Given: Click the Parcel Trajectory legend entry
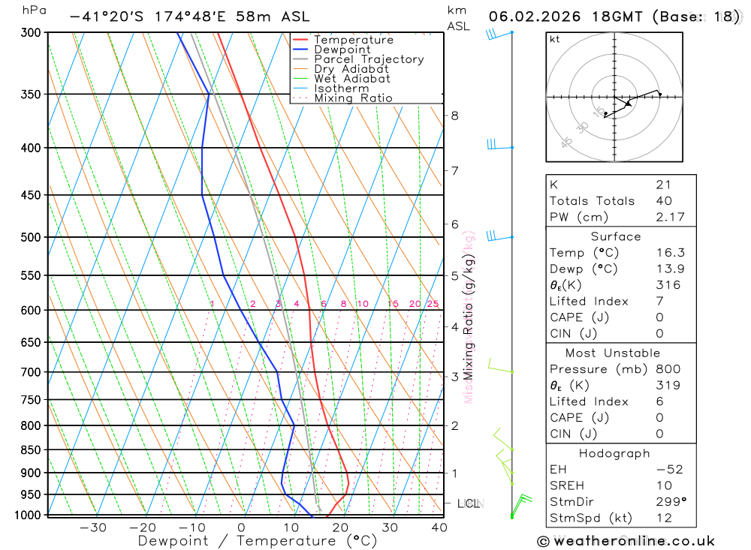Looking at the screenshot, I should (x=369, y=59).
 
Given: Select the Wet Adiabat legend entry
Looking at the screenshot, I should (x=351, y=79).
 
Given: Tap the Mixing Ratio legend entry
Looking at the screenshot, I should (x=353, y=98).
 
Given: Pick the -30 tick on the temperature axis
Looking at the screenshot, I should (x=93, y=527).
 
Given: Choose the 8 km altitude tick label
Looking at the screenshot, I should (x=454, y=116).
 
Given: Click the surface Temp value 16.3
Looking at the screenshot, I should (x=669, y=253).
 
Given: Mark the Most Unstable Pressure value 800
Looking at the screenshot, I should (x=668, y=369).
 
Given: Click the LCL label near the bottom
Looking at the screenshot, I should (x=469, y=503).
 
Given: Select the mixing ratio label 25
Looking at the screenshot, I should (x=433, y=304).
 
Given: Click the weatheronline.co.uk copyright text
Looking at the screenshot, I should (x=626, y=541).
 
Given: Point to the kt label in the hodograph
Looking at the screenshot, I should (x=555, y=39).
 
